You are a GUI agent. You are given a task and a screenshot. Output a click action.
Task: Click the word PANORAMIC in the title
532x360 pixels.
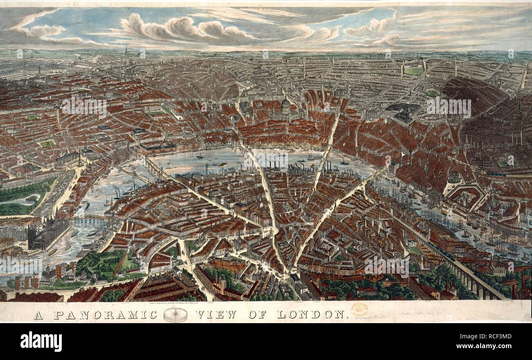click(x=106, y=315)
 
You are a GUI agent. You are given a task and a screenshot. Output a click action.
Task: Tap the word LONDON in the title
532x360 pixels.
click(x=311, y=315)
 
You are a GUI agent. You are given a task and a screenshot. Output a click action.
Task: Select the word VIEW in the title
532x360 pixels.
click(x=216, y=315)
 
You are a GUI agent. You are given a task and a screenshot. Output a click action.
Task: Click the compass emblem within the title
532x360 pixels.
click(x=175, y=315)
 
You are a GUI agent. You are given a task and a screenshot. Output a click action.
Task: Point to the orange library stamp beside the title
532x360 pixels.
click(x=359, y=309)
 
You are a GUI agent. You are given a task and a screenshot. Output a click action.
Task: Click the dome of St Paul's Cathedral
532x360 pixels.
click(x=286, y=106)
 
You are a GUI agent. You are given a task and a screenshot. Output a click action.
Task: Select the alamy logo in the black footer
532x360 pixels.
click(x=41, y=341)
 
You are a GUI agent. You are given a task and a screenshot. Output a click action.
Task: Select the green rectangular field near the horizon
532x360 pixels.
click(x=413, y=71)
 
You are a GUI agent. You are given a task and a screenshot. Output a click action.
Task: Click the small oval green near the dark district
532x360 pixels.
click(x=432, y=93)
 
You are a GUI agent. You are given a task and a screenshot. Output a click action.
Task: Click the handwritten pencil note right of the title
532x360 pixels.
click(x=409, y=315)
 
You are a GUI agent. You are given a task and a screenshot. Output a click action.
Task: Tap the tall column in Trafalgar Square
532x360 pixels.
click(x=80, y=157)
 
